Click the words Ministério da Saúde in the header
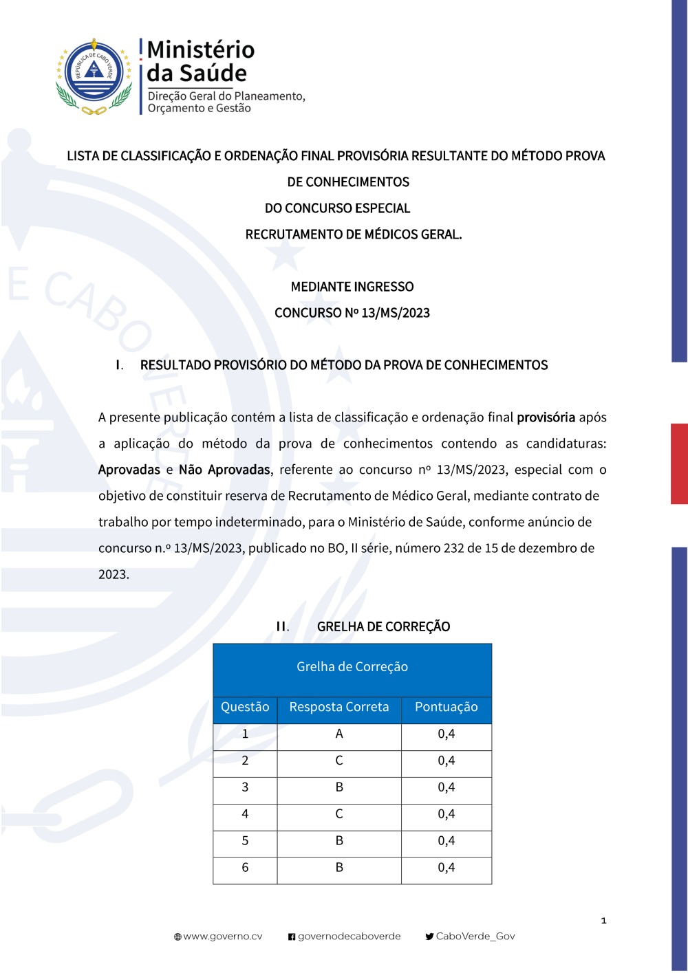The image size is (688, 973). (200, 61)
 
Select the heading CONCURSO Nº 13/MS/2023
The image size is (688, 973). (352, 313)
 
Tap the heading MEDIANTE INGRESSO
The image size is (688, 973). (352, 287)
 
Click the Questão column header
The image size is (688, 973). (245, 707)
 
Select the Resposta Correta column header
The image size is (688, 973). (339, 707)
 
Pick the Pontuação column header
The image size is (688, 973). (446, 707)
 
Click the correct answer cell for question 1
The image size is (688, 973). (339, 734)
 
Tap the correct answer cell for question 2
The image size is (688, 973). (339, 761)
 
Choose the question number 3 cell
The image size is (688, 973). (245, 787)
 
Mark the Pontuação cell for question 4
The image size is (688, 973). (446, 814)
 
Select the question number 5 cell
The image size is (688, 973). (245, 841)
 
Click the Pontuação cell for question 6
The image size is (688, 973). (446, 868)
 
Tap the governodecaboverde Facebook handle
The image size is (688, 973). (349, 937)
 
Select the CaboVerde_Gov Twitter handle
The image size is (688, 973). (475, 937)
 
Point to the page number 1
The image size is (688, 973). (603, 920)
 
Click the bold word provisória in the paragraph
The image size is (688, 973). (546, 417)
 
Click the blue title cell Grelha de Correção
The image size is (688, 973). (352, 667)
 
